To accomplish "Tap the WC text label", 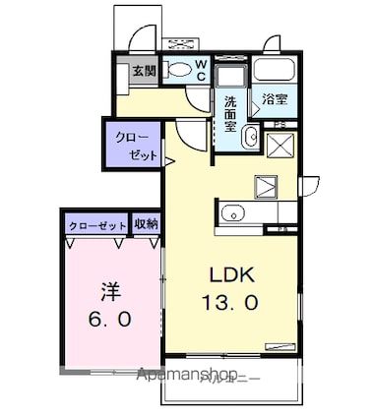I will (x=199, y=71).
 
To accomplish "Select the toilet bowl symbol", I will (x=178, y=70).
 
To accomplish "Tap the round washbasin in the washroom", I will (x=249, y=137).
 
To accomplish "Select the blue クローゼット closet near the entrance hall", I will (x=132, y=145).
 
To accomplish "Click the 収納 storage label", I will (x=146, y=225).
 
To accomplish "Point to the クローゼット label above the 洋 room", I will (x=97, y=226).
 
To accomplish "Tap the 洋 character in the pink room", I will (x=112, y=291).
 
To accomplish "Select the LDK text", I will (x=230, y=275).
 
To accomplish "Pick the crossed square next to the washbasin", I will (x=278, y=146).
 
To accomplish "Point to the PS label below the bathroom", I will (x=280, y=123).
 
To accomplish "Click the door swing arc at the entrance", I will (x=142, y=39).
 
